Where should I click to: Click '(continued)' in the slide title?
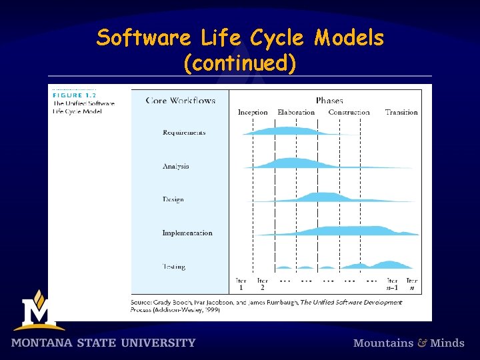(239, 63)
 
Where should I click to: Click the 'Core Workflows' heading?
(181, 101)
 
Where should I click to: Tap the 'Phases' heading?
(329, 101)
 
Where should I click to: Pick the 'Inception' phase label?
(253, 112)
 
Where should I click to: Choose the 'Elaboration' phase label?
(296, 112)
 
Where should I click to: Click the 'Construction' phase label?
(349, 112)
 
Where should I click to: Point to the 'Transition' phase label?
(401, 112)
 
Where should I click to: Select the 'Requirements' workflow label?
(184, 133)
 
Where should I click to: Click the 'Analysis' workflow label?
(176, 166)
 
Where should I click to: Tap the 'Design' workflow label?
(173, 199)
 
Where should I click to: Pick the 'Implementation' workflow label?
(187, 233)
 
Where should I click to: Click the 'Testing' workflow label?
(174, 267)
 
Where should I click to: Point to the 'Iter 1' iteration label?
(241, 284)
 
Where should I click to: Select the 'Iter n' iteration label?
(412, 284)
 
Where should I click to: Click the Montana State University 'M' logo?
(38, 311)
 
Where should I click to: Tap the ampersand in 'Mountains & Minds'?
(423, 343)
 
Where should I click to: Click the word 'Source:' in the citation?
(144, 302)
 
